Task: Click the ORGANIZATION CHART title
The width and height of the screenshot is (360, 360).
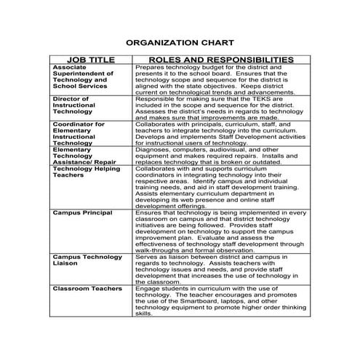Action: (x=180, y=43)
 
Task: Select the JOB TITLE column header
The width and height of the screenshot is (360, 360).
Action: (x=91, y=59)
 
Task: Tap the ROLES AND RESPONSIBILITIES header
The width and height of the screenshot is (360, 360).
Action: (x=220, y=59)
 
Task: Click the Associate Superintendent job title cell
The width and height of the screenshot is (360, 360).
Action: (x=84, y=76)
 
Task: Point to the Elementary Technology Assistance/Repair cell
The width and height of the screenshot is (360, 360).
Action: (x=84, y=155)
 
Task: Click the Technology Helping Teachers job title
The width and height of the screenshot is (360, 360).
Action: (x=87, y=172)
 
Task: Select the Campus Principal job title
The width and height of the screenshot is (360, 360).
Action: (x=82, y=212)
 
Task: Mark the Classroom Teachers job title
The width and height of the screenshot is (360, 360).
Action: (x=86, y=289)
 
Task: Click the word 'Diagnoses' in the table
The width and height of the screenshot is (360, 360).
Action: (x=151, y=149)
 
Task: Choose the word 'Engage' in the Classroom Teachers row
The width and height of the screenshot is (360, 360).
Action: (x=147, y=289)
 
